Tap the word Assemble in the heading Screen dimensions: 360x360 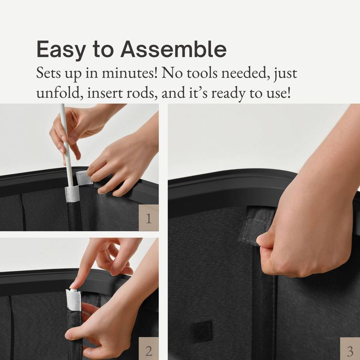click(174, 49)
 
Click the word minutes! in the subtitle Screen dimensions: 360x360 click(130, 73)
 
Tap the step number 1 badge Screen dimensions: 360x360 click(149, 218)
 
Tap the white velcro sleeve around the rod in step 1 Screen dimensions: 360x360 click(72, 194)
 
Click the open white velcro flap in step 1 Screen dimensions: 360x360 click(84, 177)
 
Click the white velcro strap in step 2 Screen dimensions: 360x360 click(74, 300)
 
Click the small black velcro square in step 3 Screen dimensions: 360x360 click(202, 332)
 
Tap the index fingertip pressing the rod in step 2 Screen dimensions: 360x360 click(74, 285)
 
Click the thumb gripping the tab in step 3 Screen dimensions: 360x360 click(267, 240)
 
